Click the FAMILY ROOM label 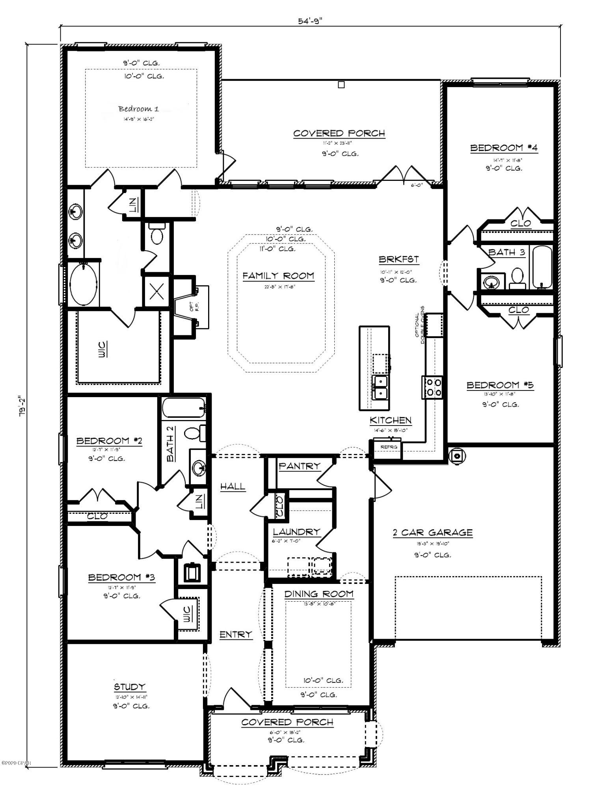pyautogui.click(x=278, y=276)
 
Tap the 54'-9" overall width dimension pyautogui.click(x=310, y=21)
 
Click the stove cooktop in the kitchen pyautogui.click(x=432, y=387)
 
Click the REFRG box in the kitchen pyautogui.click(x=385, y=447)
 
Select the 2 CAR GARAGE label pyautogui.click(x=432, y=533)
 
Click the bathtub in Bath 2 pyautogui.click(x=184, y=408)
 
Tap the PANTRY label pyautogui.click(x=300, y=466)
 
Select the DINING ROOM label pyautogui.click(x=319, y=594)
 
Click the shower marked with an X pyautogui.click(x=156, y=292)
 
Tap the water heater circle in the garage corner pyautogui.click(x=457, y=456)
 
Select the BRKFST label pyautogui.click(x=398, y=260)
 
